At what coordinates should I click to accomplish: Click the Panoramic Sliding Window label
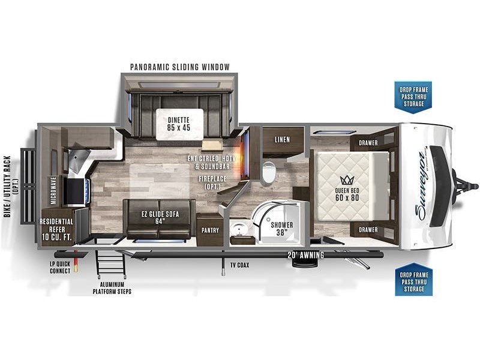(x=179, y=67)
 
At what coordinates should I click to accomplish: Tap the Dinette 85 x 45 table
(x=179, y=124)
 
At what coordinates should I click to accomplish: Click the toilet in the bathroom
(x=269, y=172)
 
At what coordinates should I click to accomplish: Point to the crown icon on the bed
(x=347, y=180)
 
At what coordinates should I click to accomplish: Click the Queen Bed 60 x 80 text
(x=347, y=194)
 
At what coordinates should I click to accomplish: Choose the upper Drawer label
(x=368, y=143)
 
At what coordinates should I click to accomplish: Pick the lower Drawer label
(x=368, y=230)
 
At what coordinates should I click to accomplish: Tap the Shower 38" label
(x=281, y=229)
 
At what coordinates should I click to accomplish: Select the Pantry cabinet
(x=210, y=229)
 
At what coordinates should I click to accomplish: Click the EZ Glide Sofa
(x=159, y=218)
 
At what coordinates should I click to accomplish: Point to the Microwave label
(x=53, y=190)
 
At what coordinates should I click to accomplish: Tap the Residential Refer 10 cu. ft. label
(x=56, y=229)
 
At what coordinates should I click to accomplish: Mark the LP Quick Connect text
(x=60, y=267)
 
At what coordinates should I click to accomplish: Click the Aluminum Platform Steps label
(x=112, y=288)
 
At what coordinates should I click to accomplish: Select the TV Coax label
(x=239, y=265)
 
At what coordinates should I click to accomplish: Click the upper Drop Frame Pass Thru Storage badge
(x=413, y=97)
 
